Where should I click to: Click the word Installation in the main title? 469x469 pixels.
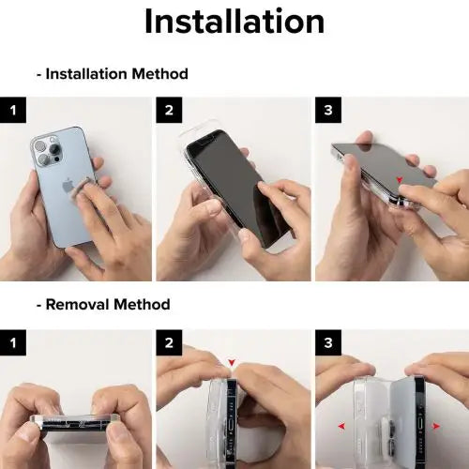[234, 22]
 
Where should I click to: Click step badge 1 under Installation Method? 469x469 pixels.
[13, 110]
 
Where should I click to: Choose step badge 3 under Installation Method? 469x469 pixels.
[328, 110]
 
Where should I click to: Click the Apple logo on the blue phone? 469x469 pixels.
[68, 186]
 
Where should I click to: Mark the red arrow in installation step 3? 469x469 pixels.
[400, 179]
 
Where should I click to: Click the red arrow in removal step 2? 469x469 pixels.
[232, 362]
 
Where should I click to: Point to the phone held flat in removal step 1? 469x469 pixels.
[75, 425]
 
